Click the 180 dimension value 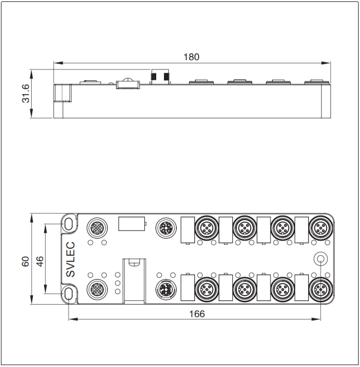click(191, 57)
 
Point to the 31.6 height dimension click(25, 94)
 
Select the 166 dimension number click(197, 314)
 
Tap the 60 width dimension click(25, 261)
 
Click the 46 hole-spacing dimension click(40, 261)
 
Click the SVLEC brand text click(70, 259)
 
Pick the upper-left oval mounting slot click(69, 224)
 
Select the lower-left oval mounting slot click(69, 294)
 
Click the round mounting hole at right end click(321, 258)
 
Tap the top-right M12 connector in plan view click(321, 228)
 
